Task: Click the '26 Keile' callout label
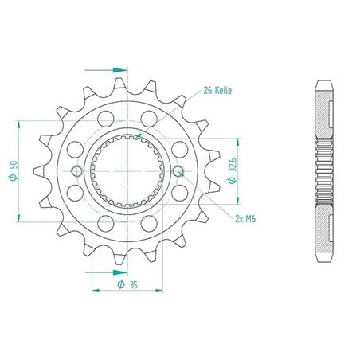[x=217, y=91]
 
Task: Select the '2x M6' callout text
[x=245, y=219]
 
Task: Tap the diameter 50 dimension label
[x=14, y=170]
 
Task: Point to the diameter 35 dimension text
[x=127, y=284]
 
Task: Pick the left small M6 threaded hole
[x=77, y=171]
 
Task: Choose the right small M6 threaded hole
[x=178, y=171]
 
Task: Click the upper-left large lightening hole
[x=105, y=119]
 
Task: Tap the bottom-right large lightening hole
[x=149, y=224]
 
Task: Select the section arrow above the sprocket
[x=106, y=70]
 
